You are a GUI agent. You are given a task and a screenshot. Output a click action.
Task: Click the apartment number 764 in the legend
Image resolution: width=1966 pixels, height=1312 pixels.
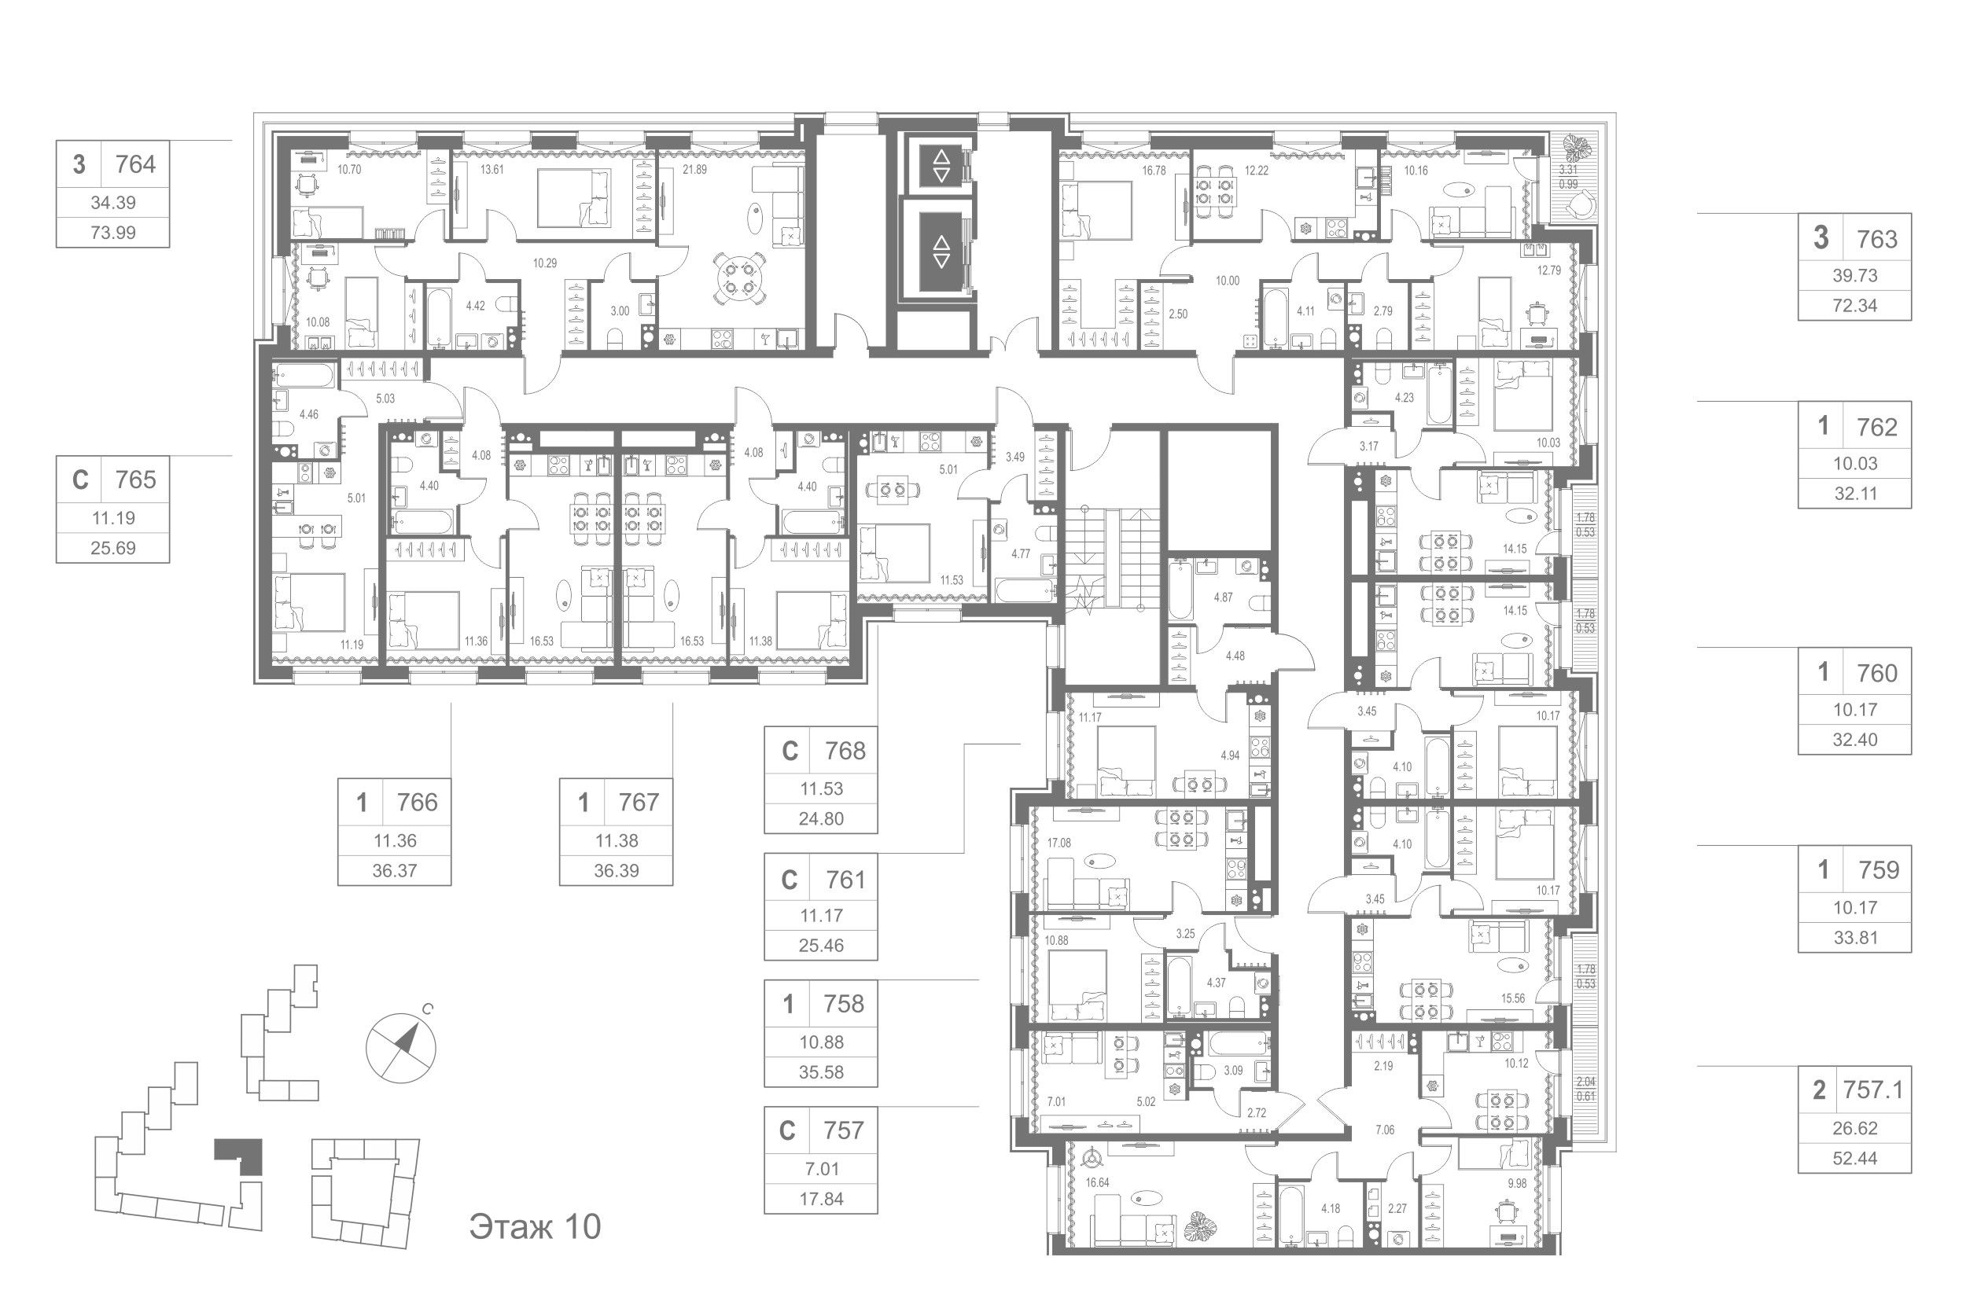click(135, 164)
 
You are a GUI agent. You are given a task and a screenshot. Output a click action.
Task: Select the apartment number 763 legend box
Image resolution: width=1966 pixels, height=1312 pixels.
click(1854, 267)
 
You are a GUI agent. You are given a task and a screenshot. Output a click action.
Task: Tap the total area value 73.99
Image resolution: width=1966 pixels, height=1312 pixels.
click(113, 233)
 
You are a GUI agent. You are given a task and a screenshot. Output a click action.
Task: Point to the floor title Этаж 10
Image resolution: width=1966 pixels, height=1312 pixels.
click(535, 1226)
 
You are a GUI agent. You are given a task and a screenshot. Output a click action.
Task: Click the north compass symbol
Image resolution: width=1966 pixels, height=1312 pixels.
click(402, 1046)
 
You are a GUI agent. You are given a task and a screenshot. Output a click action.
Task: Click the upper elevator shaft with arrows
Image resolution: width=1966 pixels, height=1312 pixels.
click(941, 166)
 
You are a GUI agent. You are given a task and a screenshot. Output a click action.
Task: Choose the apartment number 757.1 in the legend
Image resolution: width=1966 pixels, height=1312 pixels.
click(1873, 1090)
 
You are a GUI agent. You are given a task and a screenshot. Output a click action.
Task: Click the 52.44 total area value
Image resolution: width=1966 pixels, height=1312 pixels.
click(1854, 1159)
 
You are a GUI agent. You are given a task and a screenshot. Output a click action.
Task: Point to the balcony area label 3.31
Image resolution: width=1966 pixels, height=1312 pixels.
click(1567, 170)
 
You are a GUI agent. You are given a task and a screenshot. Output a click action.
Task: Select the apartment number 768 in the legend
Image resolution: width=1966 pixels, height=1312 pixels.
click(845, 752)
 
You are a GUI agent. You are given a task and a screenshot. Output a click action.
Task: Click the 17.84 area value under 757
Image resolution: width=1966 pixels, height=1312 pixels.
click(821, 1199)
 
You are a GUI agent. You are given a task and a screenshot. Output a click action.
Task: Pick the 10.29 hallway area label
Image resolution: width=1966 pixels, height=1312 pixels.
click(545, 263)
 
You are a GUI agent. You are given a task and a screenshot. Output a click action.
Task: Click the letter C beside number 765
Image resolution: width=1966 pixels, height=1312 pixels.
click(80, 480)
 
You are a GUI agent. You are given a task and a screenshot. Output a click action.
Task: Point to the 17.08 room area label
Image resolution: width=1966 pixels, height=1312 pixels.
click(1058, 843)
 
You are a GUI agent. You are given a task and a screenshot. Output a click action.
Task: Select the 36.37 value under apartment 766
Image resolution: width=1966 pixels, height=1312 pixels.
click(394, 871)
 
